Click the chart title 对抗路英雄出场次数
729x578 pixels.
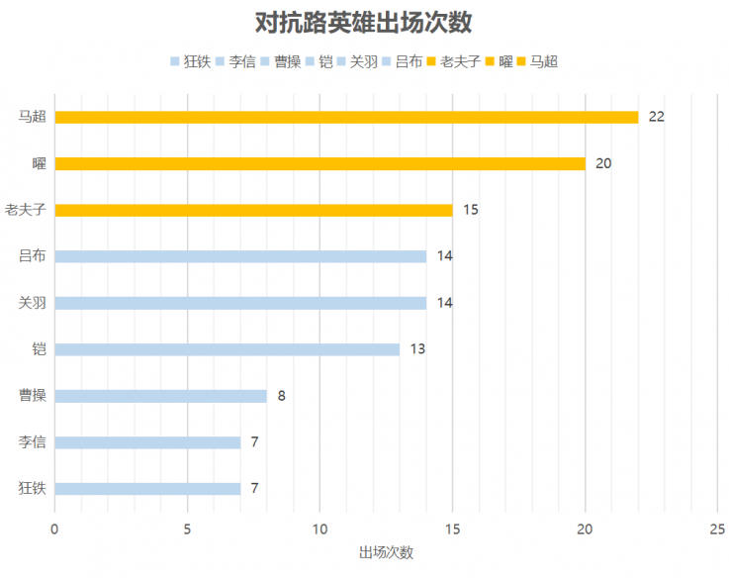click(364, 23)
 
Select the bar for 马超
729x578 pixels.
click(346, 117)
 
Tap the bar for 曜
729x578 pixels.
click(319, 163)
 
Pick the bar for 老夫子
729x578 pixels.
click(253, 210)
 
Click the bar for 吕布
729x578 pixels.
click(240, 256)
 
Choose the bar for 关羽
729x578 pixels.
click(240, 303)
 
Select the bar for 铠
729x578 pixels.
click(227, 349)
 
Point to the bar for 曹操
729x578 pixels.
click(160, 396)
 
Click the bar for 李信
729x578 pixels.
click(147, 442)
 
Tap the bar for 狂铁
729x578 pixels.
click(147, 489)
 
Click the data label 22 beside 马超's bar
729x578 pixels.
click(656, 117)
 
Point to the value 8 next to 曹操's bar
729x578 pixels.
click(281, 396)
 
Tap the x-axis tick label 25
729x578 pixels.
click(717, 530)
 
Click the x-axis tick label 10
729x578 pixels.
click(319, 530)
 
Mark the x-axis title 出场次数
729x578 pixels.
click(386, 552)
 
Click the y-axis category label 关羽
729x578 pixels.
click(33, 303)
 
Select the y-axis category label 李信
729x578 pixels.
click(33, 442)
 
